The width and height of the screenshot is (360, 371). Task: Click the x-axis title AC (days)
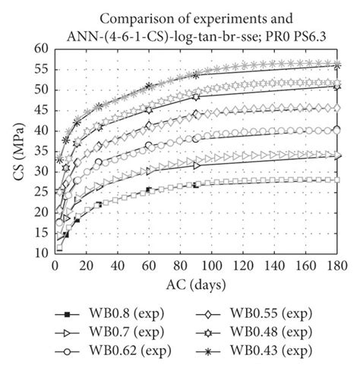[197, 288]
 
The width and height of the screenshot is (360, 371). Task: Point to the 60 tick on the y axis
[41, 48]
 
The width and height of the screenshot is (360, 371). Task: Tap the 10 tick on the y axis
[41, 253]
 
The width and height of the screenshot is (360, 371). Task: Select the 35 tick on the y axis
[41, 151]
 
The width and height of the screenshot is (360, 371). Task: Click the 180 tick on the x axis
[337, 266]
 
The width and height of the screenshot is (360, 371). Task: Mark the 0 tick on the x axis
[55, 266]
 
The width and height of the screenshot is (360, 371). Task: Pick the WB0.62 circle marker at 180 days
[337, 130]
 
